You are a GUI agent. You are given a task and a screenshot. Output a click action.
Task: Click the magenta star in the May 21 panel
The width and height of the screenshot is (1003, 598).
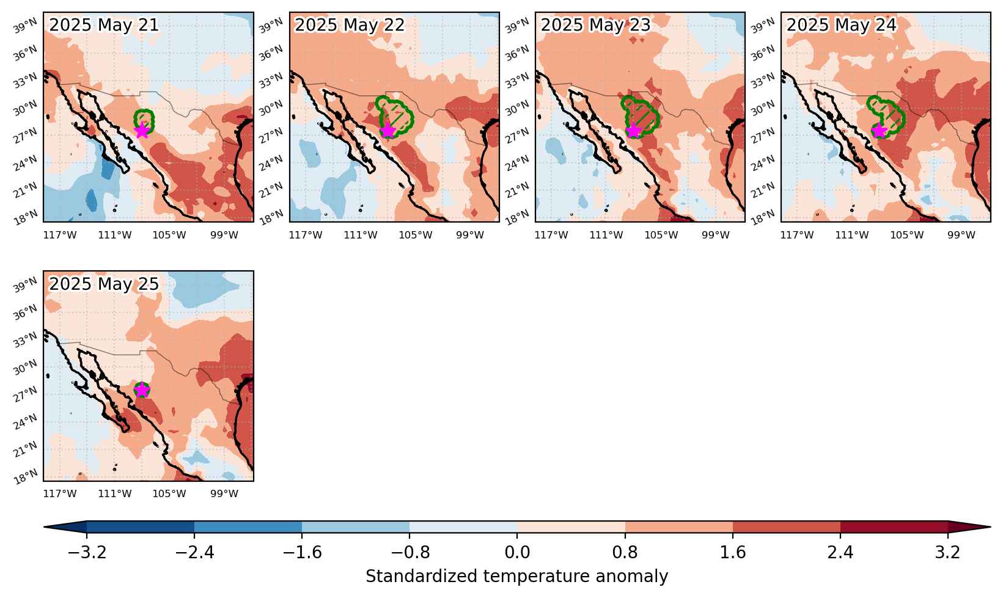click(x=142, y=130)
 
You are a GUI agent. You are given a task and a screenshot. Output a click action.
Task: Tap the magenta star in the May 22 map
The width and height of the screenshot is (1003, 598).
click(x=388, y=130)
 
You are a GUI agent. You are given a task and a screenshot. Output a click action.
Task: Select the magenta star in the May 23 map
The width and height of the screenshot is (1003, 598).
click(x=634, y=130)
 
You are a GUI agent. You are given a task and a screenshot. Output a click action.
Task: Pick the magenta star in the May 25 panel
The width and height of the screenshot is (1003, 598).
click(x=142, y=389)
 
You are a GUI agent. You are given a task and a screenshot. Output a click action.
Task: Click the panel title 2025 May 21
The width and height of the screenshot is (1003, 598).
click(x=104, y=24)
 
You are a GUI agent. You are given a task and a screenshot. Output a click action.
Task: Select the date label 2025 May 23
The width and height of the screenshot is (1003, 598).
click(x=595, y=24)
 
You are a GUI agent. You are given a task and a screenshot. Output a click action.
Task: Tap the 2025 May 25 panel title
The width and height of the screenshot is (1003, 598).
click(x=104, y=284)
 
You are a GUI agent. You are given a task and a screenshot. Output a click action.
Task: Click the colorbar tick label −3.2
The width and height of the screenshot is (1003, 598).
click(x=87, y=552)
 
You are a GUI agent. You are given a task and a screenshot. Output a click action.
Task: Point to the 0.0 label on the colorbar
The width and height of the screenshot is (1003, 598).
click(x=517, y=552)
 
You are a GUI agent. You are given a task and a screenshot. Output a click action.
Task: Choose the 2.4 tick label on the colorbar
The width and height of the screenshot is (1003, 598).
click(x=840, y=552)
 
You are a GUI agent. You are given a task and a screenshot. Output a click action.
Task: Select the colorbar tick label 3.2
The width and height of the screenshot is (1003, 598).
click(x=948, y=552)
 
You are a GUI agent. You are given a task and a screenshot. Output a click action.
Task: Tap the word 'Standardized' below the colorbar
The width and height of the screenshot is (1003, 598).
click(x=421, y=576)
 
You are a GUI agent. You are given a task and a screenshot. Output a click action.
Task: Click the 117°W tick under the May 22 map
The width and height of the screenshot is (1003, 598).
click(x=306, y=235)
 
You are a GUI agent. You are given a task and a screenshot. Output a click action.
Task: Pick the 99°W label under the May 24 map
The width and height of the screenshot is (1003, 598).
click(x=961, y=235)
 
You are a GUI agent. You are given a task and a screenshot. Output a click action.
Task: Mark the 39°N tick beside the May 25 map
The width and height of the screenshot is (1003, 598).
click(x=25, y=285)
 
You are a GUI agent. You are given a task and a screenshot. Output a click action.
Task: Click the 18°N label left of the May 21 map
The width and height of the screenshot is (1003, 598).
click(x=25, y=218)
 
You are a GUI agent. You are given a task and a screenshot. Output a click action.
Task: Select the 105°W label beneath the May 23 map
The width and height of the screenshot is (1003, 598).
click(x=661, y=235)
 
